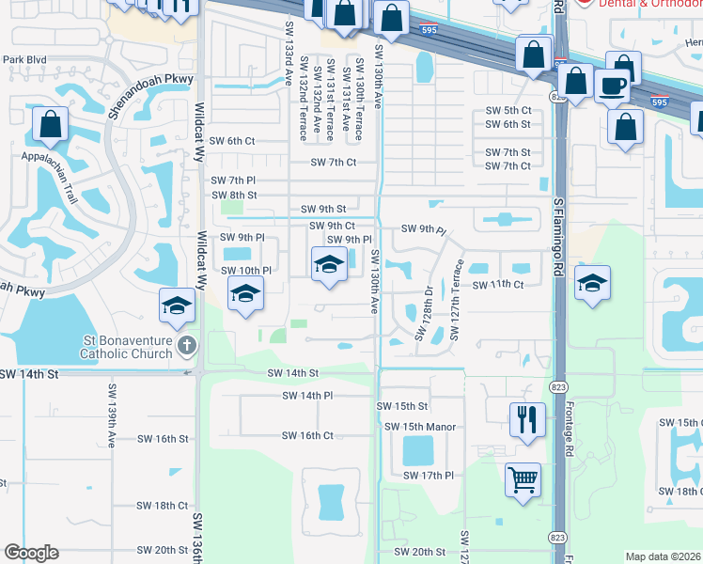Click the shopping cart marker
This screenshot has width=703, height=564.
[x=523, y=479]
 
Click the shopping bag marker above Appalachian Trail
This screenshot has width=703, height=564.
[x=51, y=124]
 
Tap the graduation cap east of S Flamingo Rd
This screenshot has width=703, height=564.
[x=592, y=282]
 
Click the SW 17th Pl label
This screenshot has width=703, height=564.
[x=430, y=476]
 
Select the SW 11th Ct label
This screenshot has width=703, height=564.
[x=497, y=284]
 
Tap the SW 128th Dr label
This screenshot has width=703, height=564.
[x=424, y=315]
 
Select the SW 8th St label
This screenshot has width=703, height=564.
[x=232, y=195]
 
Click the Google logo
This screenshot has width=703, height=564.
[x=31, y=553]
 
